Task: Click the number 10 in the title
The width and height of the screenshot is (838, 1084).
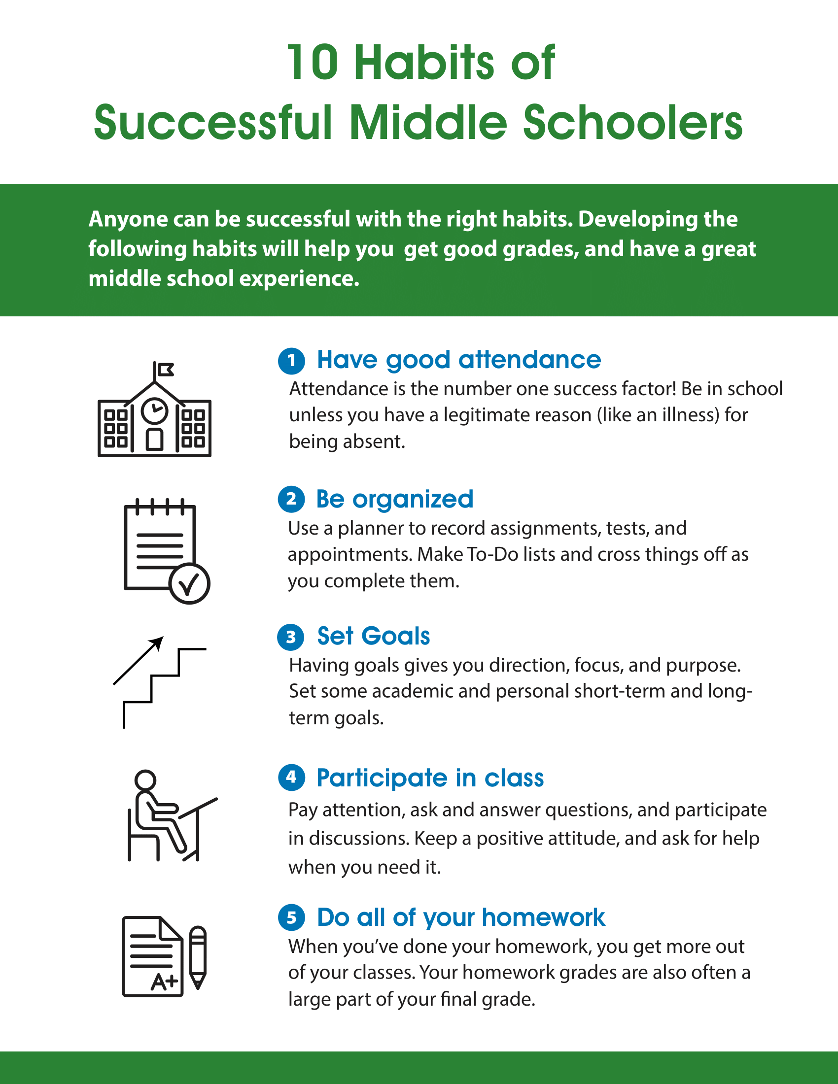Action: pos(313,63)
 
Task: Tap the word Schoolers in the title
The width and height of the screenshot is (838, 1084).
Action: pos(632,123)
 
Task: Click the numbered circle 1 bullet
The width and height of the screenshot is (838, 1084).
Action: pos(291,361)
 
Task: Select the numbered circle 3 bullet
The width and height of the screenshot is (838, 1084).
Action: pos(291,637)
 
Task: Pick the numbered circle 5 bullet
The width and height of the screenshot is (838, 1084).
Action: pos(291,918)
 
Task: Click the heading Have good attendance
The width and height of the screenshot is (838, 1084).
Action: pos(459,360)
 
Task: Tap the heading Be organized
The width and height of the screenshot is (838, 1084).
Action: pos(395,499)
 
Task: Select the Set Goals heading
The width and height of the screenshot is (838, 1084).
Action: pos(373,637)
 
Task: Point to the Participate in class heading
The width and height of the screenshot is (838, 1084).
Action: pos(430,778)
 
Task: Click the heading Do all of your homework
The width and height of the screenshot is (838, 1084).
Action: pos(461,918)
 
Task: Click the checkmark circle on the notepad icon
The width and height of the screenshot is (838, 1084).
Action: pos(190,584)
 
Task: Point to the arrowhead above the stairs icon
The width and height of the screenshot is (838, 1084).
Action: pos(157,643)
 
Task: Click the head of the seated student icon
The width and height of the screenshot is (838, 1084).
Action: pos(145,780)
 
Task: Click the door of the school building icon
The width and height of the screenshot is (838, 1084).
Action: pos(154,439)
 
